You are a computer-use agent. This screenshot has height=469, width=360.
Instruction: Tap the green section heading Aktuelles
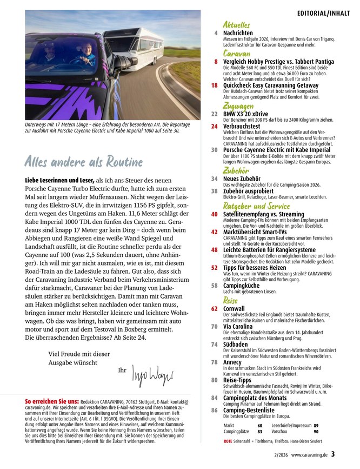point(236,24)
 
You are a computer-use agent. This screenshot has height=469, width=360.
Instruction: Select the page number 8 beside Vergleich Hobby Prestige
point(216,62)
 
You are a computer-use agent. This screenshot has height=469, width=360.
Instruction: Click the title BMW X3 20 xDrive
point(246,114)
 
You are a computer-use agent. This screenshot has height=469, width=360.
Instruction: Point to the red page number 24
point(214,127)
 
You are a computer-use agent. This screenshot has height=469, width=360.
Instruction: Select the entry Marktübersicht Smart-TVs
point(256,232)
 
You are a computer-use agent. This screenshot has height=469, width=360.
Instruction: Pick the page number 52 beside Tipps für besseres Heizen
point(215,267)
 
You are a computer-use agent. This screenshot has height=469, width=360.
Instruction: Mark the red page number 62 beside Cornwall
point(215,308)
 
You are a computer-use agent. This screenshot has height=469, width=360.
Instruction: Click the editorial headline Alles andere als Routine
point(83,162)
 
